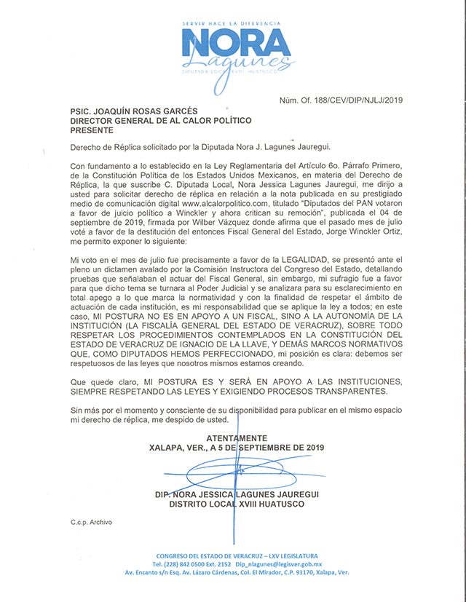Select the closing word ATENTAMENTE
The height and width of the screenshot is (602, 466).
click(x=237, y=437)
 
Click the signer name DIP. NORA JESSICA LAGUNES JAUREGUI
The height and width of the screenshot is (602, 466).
click(x=237, y=494)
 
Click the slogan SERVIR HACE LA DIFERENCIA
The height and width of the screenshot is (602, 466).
click(x=231, y=24)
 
